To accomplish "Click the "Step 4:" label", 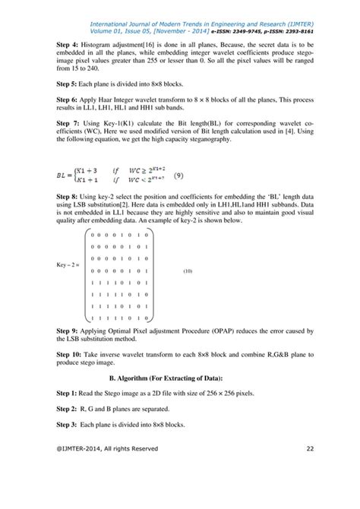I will (x=69, y=45).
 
